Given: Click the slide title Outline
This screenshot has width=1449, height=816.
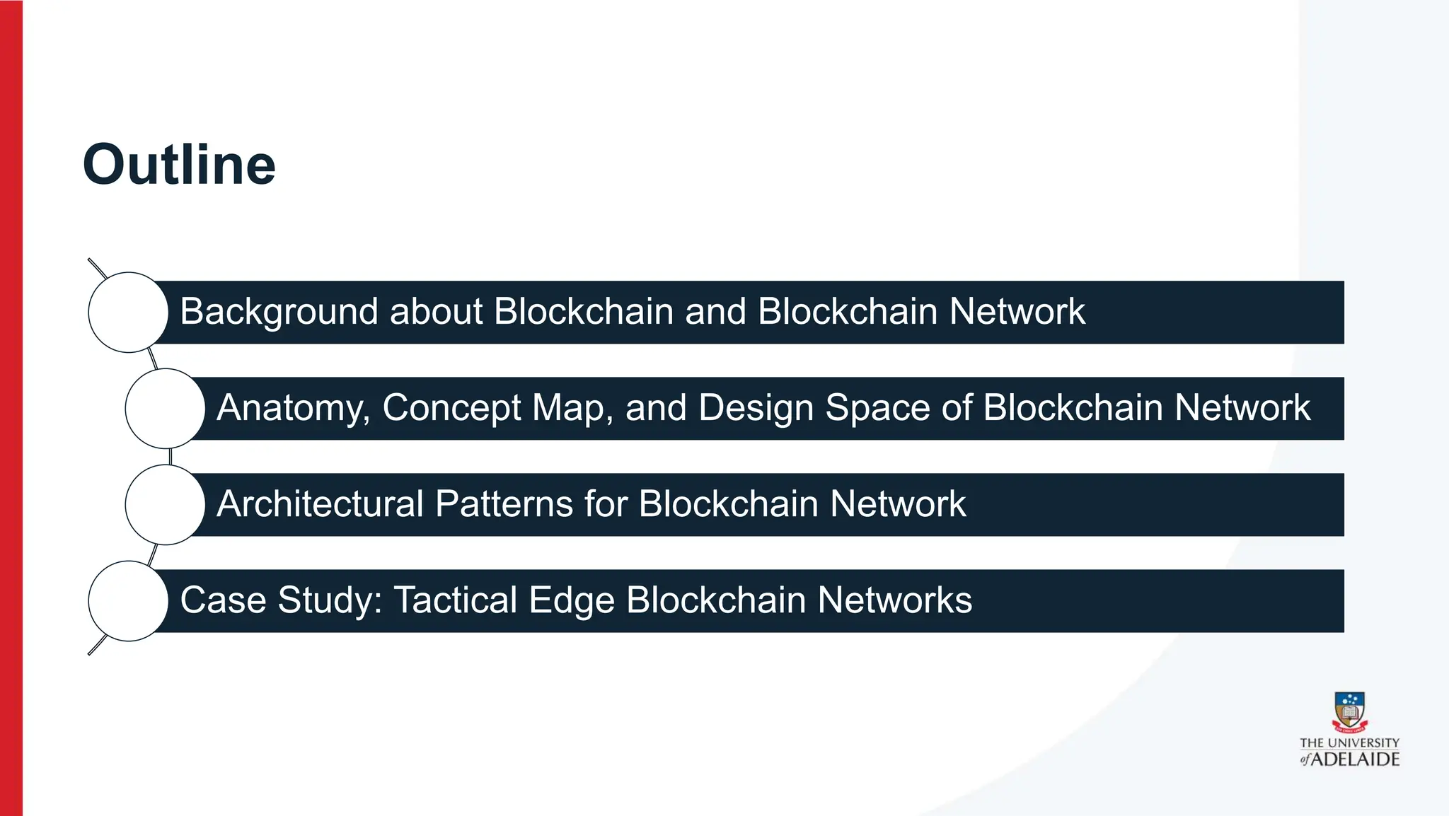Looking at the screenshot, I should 179,165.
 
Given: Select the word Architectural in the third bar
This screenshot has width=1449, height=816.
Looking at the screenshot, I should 320,504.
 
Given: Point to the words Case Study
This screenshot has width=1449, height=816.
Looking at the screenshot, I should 281,600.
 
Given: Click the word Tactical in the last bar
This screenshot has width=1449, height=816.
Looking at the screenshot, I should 455,600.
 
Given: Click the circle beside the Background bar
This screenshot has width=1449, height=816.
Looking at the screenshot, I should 128,312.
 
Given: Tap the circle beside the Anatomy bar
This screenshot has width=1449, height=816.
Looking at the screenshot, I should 165,408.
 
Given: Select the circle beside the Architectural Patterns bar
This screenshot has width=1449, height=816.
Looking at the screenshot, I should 165,504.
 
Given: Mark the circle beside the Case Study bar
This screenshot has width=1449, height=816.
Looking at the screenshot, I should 128,600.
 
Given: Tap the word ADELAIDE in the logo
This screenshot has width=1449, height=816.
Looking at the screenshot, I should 1356,759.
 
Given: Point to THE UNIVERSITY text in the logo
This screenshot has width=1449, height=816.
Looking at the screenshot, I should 1349,742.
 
